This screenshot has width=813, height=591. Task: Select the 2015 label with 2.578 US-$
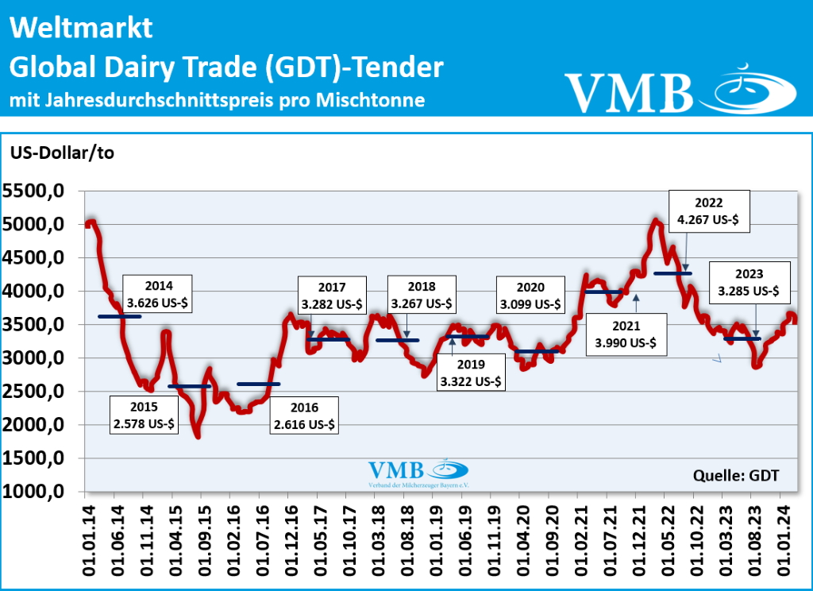(142, 415)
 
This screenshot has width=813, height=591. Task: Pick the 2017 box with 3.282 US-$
(331, 295)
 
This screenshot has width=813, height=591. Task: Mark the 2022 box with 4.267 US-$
(708, 211)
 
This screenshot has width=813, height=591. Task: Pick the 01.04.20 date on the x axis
(519, 539)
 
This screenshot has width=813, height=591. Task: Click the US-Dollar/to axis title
(62, 153)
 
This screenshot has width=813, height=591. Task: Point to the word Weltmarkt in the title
(80, 29)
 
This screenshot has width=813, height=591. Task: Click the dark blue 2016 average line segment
(259, 384)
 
